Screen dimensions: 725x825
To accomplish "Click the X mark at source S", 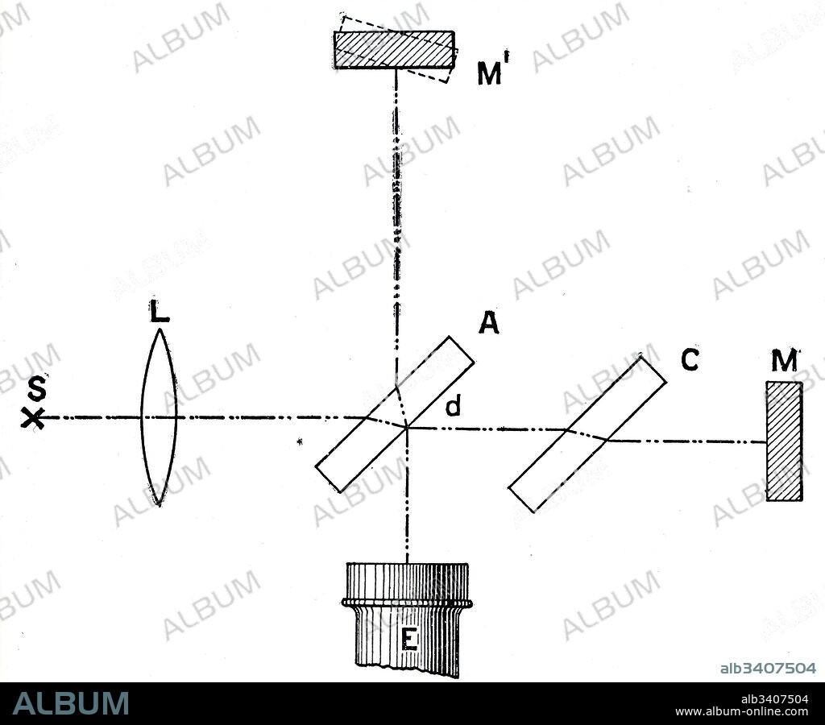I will coord(33,417).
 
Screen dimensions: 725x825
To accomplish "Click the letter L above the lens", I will coord(160,312).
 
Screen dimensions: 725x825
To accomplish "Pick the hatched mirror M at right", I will coord(784,441).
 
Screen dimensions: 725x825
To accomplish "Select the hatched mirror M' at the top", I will coord(395,50).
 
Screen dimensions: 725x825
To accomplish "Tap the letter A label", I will coord(487,323).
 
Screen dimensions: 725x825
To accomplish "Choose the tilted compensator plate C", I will coord(587,433).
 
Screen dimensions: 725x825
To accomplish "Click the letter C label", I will coord(690,360).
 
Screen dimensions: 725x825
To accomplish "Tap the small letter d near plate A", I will coord(454,408).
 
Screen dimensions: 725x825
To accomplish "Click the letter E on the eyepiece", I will coord(408,641).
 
